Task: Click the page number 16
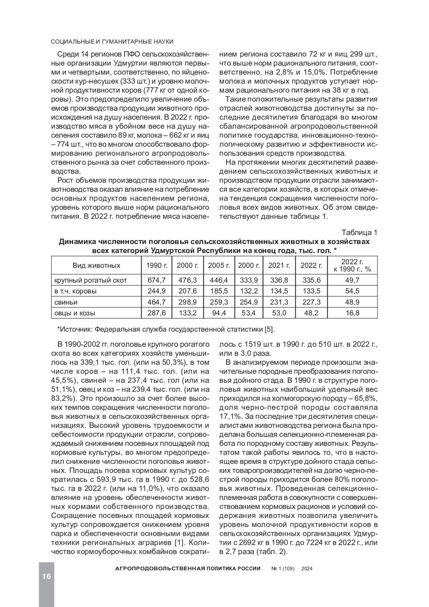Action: pos(46,576)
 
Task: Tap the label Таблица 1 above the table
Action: pos(359,232)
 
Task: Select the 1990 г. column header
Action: pos(157,265)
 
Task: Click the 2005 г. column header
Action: pos(219,265)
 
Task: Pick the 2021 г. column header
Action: pos(279,265)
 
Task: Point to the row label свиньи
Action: pos(61,302)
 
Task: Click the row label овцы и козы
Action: pos(75,313)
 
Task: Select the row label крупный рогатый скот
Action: pos(90,280)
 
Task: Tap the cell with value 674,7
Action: pos(157,280)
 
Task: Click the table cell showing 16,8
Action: pos(352,313)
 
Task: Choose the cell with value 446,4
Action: pos(219,280)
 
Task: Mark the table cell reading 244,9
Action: pos(157,291)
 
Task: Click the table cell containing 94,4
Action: pos(219,313)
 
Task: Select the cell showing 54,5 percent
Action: pos(352,291)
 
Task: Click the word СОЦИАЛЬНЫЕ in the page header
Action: pos(73,42)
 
